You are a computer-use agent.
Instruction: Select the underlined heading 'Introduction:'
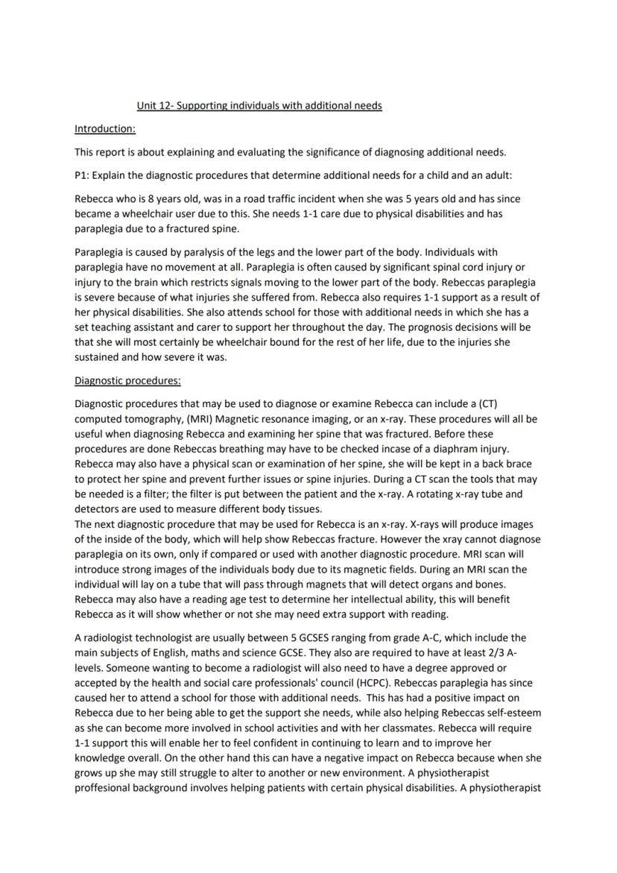pyautogui.click(x=105, y=129)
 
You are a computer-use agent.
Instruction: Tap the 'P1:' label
pyautogui.click(x=83, y=175)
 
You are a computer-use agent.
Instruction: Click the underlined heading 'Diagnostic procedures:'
pyautogui.click(x=127, y=381)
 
